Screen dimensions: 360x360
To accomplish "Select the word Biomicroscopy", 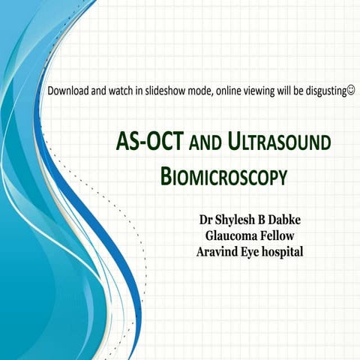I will [224, 178].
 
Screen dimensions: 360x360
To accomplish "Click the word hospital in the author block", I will [281, 253].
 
